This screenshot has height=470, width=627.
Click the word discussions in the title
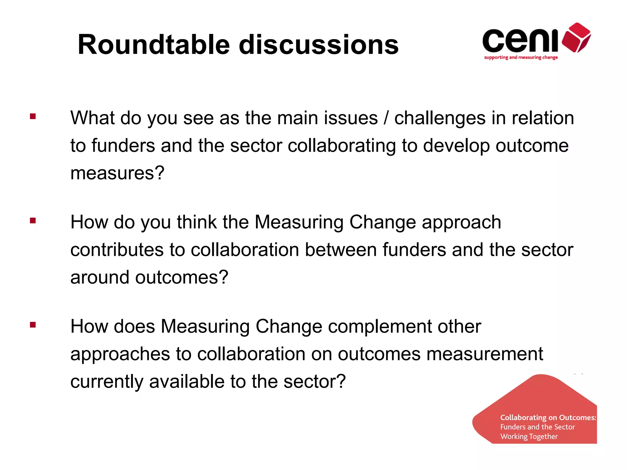(319, 45)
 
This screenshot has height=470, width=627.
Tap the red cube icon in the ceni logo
(576, 37)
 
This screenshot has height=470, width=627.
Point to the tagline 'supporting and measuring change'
(521, 58)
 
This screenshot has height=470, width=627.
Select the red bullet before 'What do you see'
(33, 116)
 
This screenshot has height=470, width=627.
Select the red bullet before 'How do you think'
(33, 220)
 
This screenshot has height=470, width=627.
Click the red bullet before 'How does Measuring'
(33, 325)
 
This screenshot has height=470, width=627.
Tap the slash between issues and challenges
(386, 118)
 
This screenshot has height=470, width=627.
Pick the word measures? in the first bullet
(117, 173)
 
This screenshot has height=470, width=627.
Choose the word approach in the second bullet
(461, 222)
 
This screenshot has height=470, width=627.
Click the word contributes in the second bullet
(117, 250)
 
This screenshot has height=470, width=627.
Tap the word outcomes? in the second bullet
(182, 277)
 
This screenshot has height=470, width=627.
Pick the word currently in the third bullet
(107, 382)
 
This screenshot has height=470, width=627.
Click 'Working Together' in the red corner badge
(529, 437)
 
